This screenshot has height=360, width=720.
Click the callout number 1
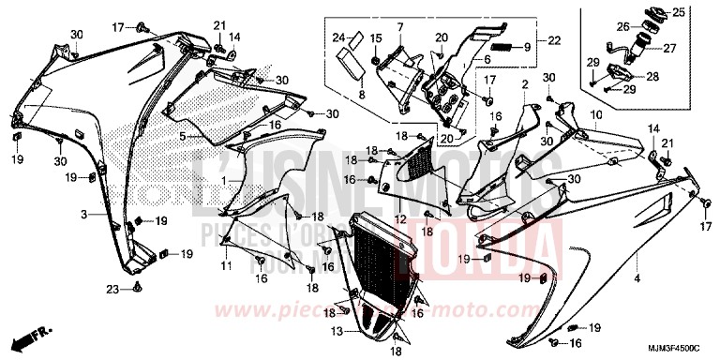click(x=222, y=178)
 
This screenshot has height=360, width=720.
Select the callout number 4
click(x=637, y=279)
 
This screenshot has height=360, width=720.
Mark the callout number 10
click(x=594, y=114)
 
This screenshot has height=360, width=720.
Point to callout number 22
click(x=553, y=40)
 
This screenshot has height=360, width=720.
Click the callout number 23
click(x=112, y=290)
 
